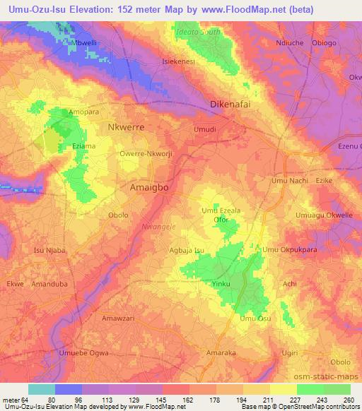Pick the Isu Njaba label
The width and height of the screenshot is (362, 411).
[x=49, y=249]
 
